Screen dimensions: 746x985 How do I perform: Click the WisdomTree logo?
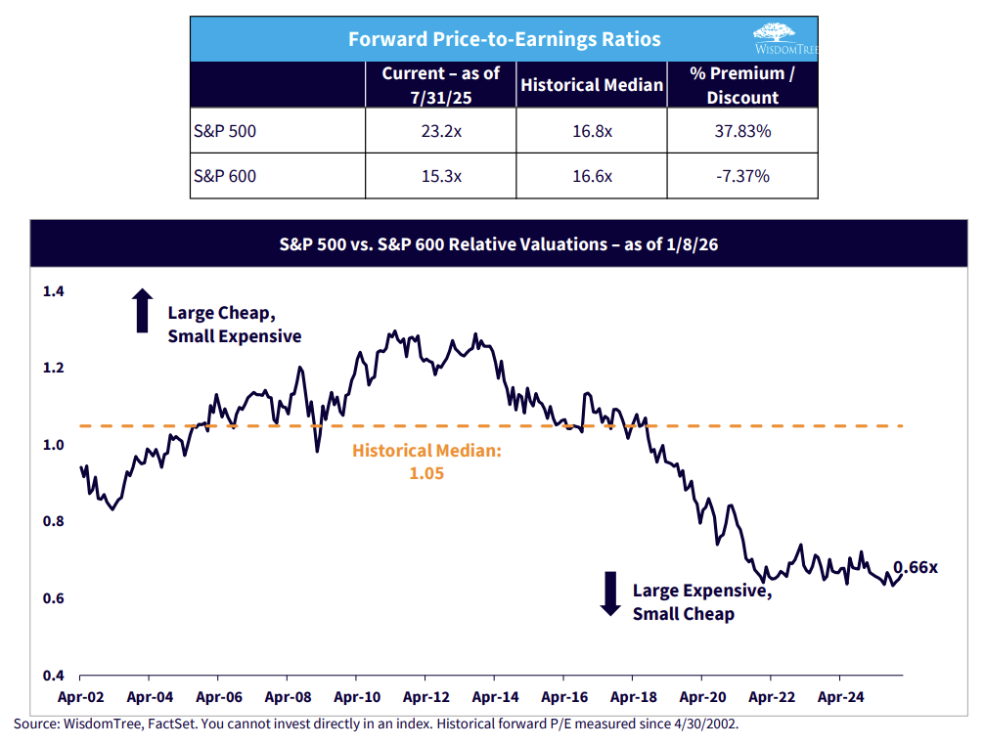780,38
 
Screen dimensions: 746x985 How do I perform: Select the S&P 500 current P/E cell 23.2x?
440,130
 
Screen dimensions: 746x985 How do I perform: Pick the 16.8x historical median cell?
592,130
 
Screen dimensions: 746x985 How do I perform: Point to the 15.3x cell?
440,176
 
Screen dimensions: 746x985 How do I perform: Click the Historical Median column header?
592,85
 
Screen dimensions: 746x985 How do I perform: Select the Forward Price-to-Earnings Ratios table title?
505,39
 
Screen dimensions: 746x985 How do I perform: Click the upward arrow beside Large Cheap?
143,312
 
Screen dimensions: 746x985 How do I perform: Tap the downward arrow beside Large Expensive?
610,592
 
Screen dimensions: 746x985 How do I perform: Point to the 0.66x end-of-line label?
916,567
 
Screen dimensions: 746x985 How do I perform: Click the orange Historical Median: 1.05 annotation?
426,461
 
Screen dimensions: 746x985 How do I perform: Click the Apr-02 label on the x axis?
79,698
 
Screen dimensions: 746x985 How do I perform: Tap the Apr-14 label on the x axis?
495,698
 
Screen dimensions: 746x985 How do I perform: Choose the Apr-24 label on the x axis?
839,698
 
